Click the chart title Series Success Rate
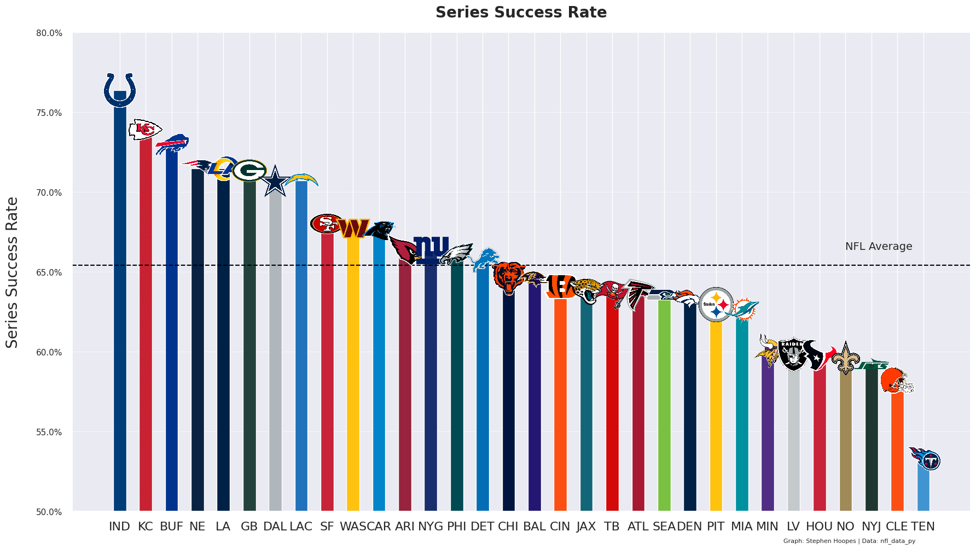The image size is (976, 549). click(521, 13)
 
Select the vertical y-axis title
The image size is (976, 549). click(12, 272)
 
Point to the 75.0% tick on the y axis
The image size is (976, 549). click(49, 113)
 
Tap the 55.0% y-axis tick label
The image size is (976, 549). click(49, 433)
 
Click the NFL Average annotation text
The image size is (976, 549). click(878, 247)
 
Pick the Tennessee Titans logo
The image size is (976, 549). click(926, 459)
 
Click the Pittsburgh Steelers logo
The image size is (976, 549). click(716, 304)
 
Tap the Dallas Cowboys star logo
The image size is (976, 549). click(275, 181)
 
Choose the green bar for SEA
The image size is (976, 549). click(664, 405)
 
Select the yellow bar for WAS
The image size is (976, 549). click(353, 372)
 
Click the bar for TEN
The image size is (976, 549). click(923, 489)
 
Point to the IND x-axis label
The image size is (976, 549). click(119, 527)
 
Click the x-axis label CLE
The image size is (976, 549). click(897, 527)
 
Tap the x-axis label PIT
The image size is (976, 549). click(716, 527)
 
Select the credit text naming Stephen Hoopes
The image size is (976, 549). click(849, 541)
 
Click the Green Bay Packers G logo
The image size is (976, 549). click(249, 171)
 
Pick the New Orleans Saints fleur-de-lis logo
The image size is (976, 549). click(846, 358)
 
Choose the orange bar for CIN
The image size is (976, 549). click(560, 405)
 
